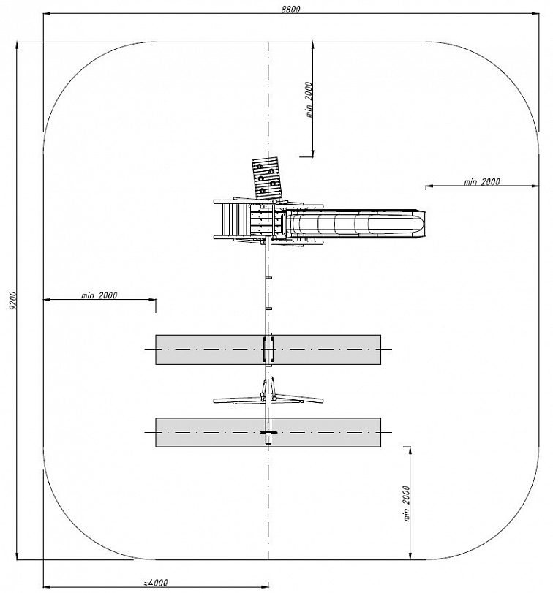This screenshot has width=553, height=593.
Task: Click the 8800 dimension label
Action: tap(290, 9)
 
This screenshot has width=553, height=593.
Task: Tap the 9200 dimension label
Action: tap(12, 301)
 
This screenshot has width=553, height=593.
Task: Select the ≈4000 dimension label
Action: tap(156, 583)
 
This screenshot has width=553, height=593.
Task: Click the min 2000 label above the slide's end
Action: tap(481, 182)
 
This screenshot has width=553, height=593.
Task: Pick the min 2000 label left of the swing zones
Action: tap(99, 295)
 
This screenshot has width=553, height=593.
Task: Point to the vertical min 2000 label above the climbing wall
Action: tap(309, 100)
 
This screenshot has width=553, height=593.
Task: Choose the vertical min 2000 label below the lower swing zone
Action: tap(406, 503)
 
